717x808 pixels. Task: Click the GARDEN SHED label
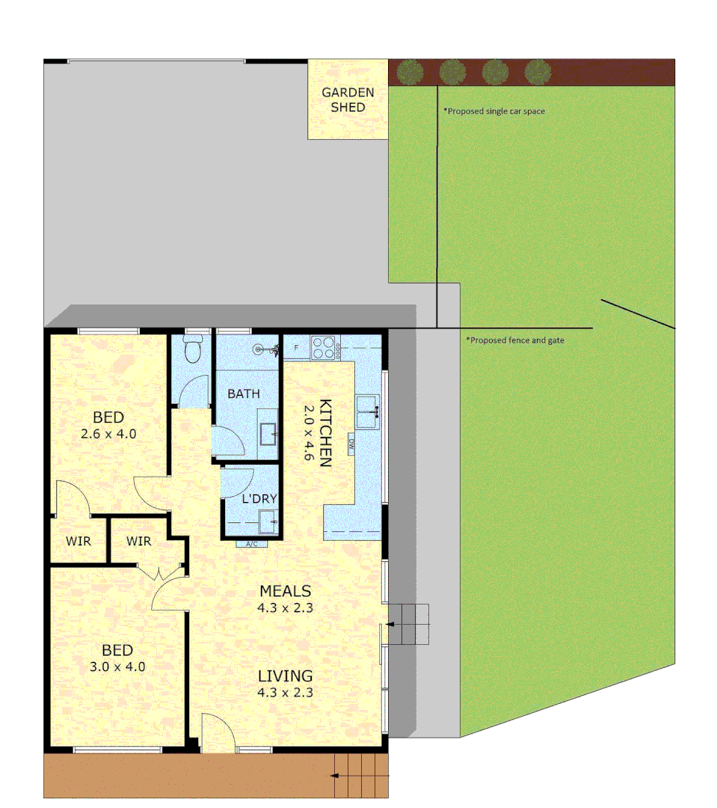[348, 100]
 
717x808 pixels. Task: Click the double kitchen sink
[367, 411]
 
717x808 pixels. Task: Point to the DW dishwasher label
[351, 446]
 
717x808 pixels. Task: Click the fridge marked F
[296, 348]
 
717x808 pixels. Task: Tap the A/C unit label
[252, 544]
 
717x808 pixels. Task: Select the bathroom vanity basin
[268, 432]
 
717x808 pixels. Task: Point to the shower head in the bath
[259, 348]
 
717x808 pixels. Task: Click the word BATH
[244, 394]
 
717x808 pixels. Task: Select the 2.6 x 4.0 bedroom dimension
[108, 432]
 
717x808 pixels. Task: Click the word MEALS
[285, 592]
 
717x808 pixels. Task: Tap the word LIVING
[285, 676]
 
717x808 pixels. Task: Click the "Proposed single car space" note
[494, 111]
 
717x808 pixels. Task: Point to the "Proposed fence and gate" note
[516, 340]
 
